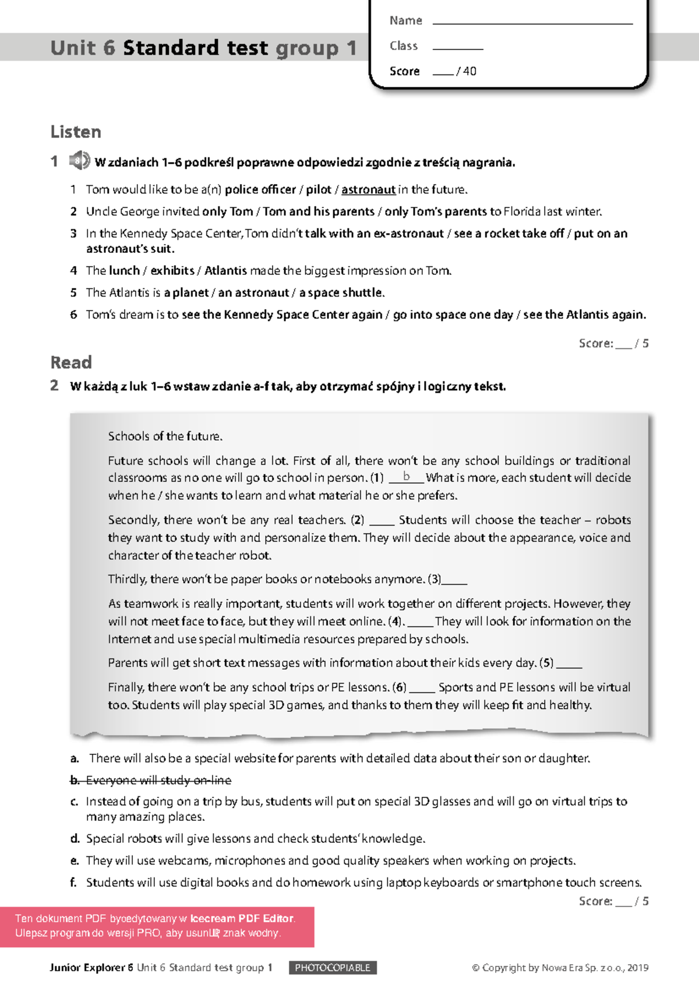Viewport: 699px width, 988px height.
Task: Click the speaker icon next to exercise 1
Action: pyautogui.click(x=79, y=160)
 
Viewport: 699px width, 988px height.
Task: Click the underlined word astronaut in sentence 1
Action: pyautogui.click(x=368, y=190)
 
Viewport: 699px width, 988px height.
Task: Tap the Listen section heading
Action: pyautogui.click(x=76, y=132)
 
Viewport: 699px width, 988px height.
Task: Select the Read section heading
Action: pyautogui.click(x=71, y=362)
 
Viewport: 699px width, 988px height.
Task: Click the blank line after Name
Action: pyautogui.click(x=532, y=22)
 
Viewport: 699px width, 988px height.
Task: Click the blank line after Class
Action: pyautogui.click(x=458, y=48)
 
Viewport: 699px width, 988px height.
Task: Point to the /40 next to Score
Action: pyautogui.click(x=467, y=71)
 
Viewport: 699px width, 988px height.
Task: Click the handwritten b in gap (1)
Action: pyautogui.click(x=407, y=477)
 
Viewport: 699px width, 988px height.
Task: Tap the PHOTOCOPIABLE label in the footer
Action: pyautogui.click(x=333, y=968)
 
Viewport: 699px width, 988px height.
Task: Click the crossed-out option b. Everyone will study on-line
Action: pyautogui.click(x=151, y=780)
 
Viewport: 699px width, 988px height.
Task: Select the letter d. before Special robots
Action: pyautogui.click(x=75, y=839)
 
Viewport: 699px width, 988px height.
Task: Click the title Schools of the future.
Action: pyautogui.click(x=165, y=436)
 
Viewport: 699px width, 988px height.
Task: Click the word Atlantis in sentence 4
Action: pyautogui.click(x=225, y=271)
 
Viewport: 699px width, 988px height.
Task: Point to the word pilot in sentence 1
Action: pyautogui.click(x=319, y=190)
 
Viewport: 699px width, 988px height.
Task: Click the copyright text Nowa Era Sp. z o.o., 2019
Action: pyautogui.click(x=594, y=968)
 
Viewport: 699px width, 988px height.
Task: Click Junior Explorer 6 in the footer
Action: pyautogui.click(x=91, y=968)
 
